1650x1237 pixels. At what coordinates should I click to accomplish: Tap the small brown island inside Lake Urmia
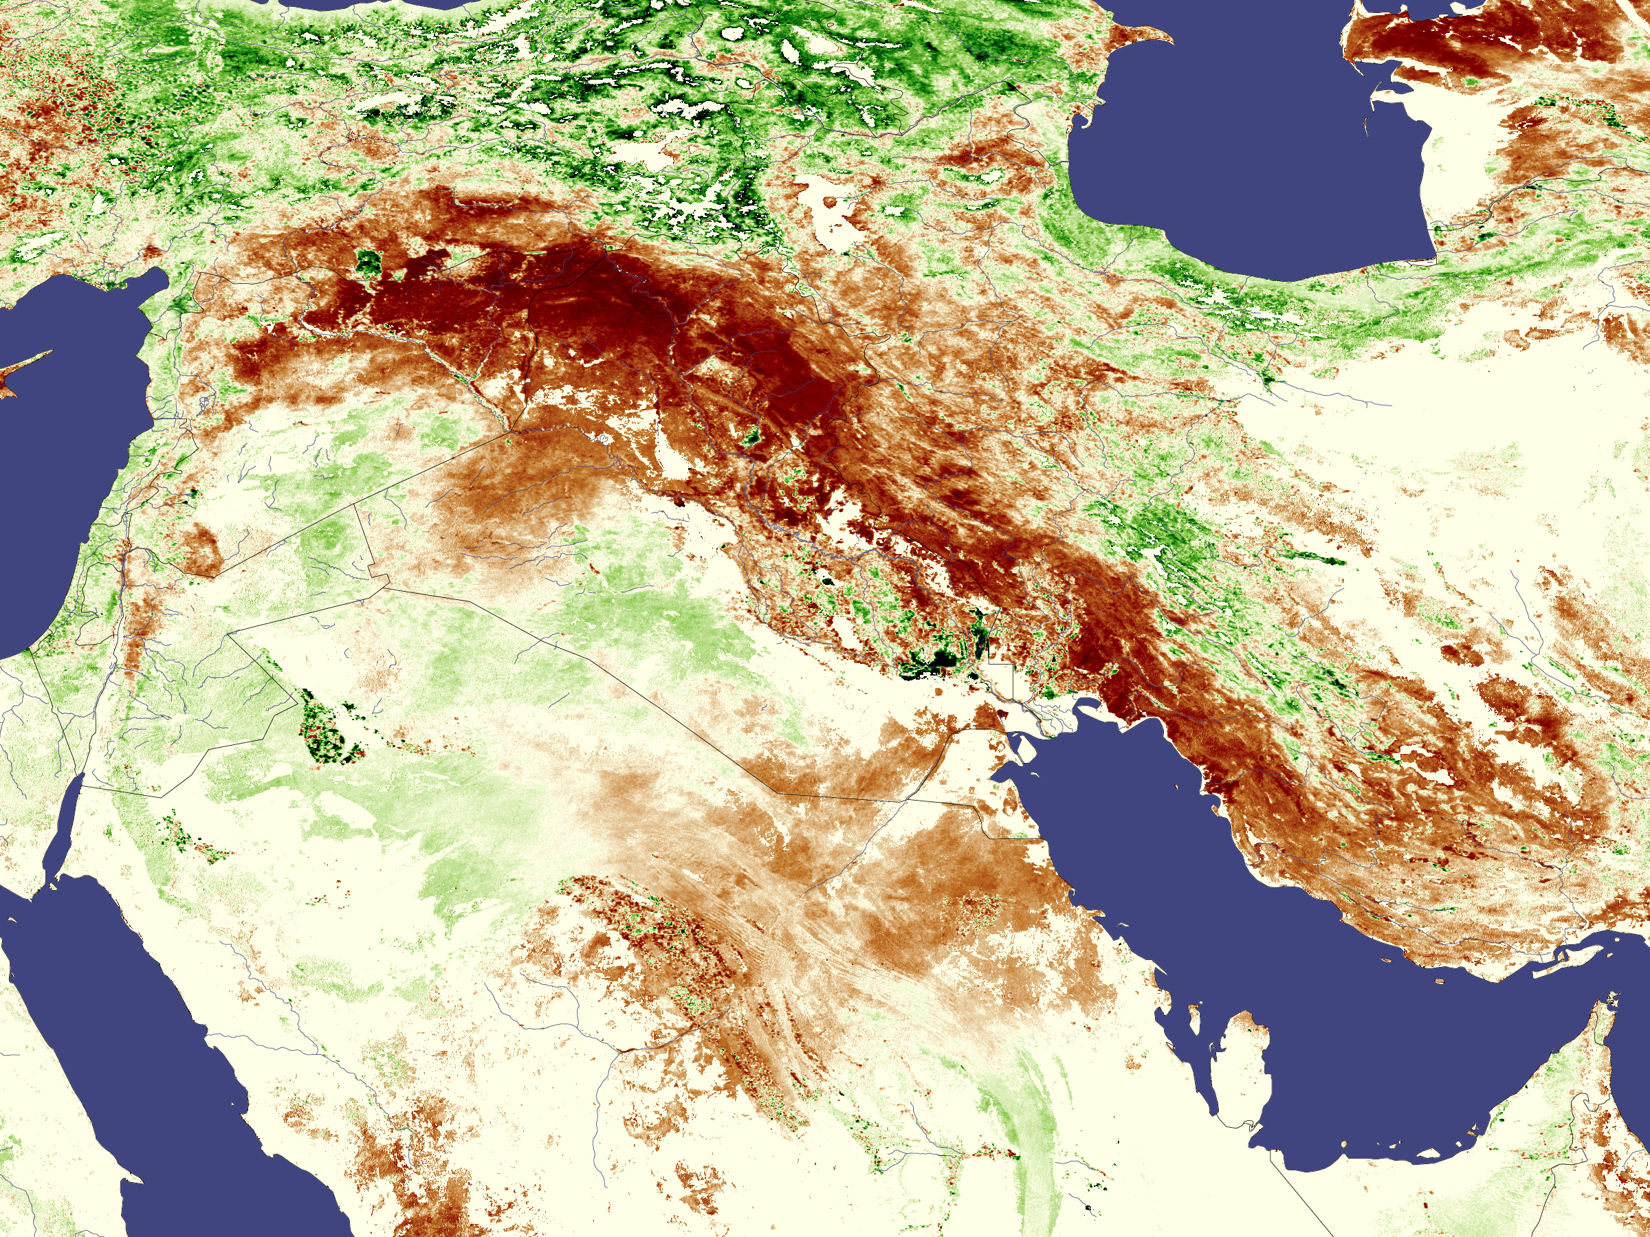[x=830, y=201]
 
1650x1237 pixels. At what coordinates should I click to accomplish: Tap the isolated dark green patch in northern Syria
[x=367, y=262]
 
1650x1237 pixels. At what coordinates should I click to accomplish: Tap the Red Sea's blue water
[x=149, y=1044]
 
